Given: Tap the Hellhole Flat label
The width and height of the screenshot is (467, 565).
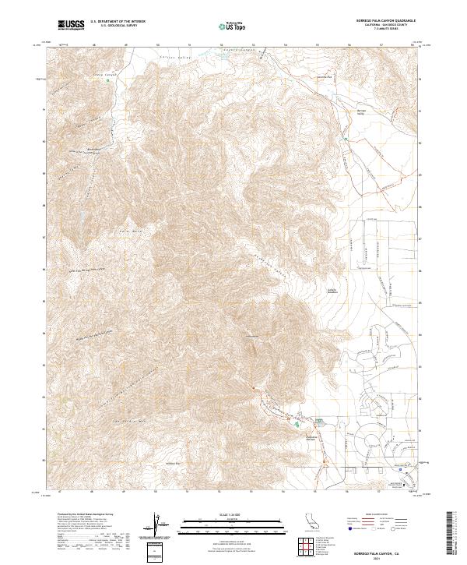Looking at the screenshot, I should click(x=173, y=461).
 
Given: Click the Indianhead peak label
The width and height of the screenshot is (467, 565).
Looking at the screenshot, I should click(x=251, y=336).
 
